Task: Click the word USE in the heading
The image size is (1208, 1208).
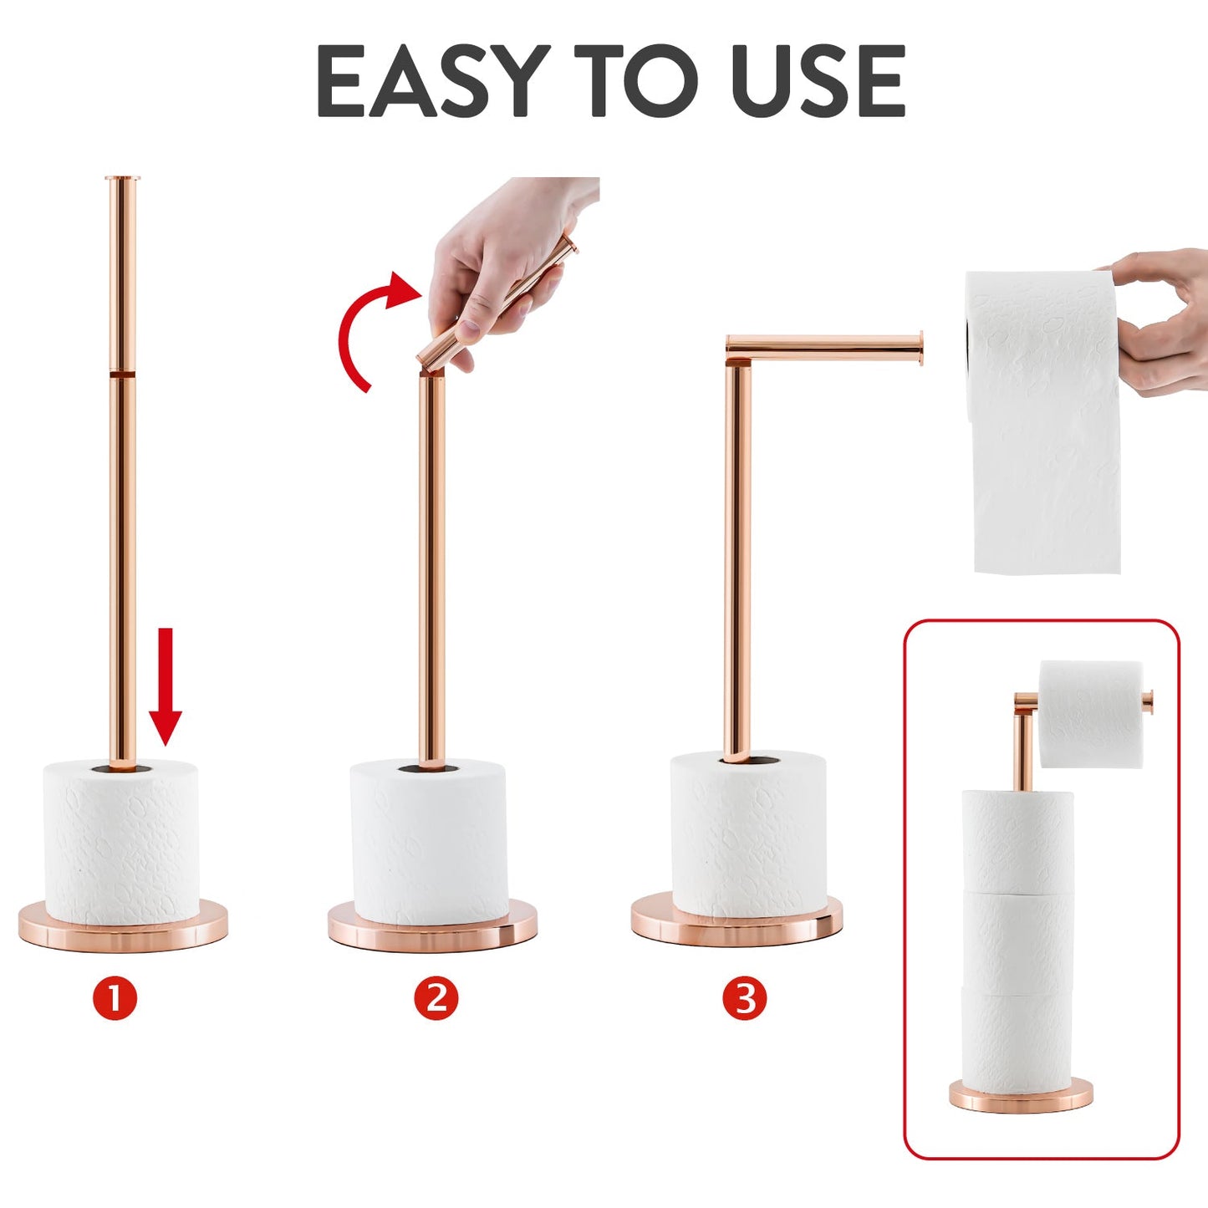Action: pyautogui.click(x=818, y=81)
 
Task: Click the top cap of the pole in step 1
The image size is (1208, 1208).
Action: pyautogui.click(x=122, y=179)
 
